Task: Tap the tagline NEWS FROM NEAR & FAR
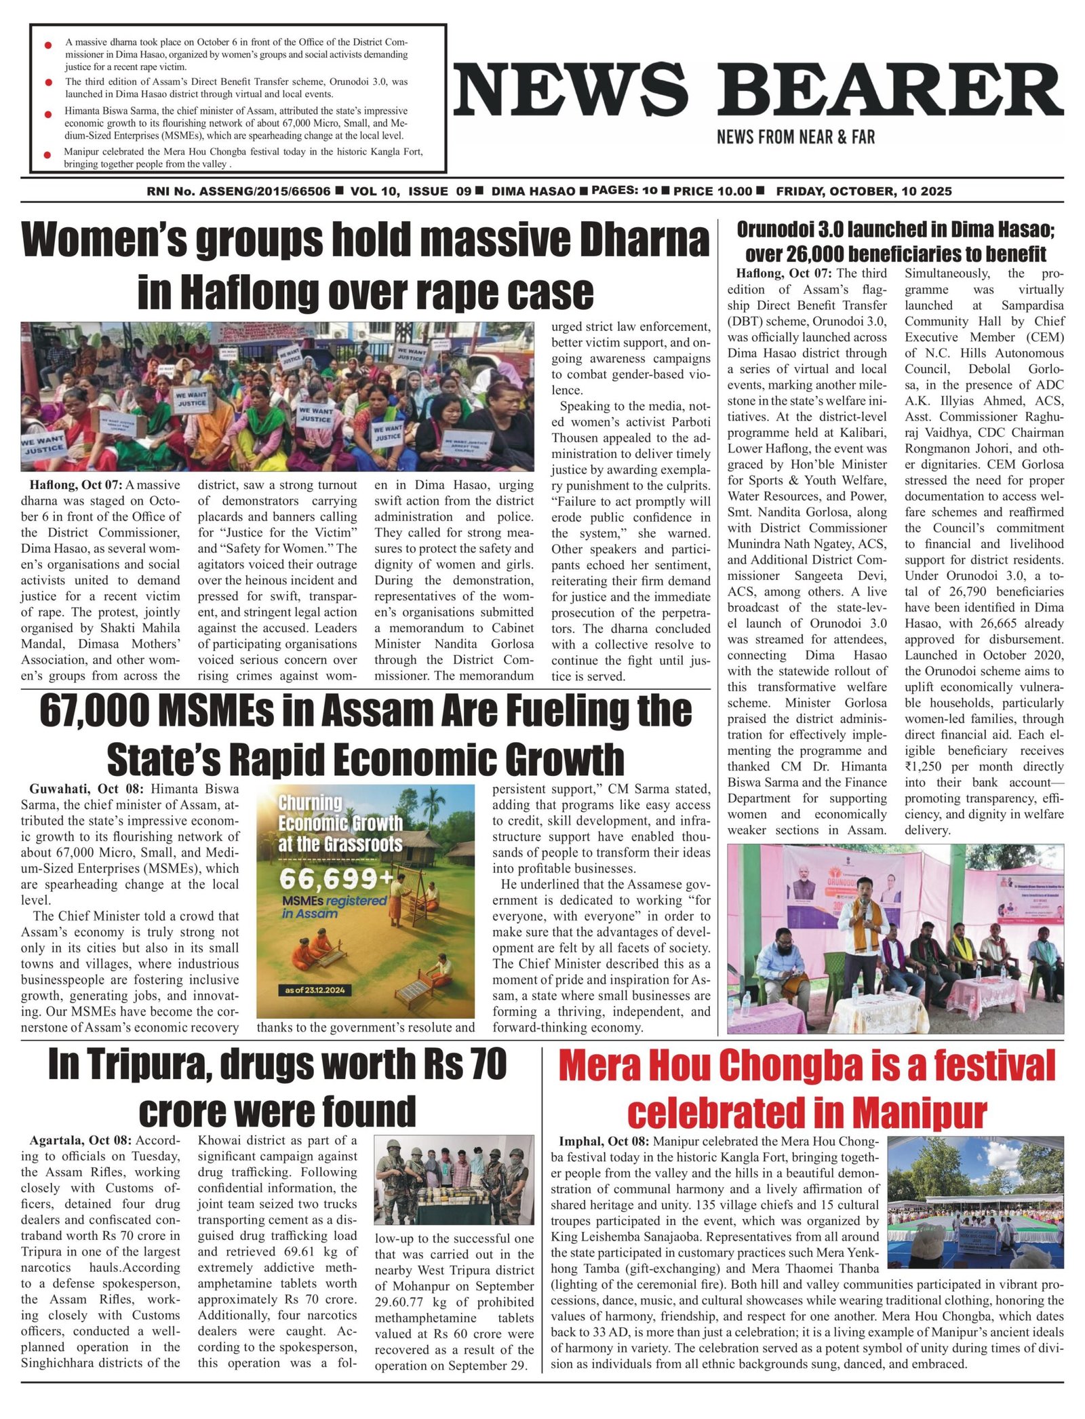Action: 795,137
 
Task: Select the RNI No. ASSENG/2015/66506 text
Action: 239,191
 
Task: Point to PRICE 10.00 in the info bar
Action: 712,191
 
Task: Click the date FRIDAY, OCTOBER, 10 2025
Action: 863,191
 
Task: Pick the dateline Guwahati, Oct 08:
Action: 86,789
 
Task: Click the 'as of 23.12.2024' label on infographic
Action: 315,990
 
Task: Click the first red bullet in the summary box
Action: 48,45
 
